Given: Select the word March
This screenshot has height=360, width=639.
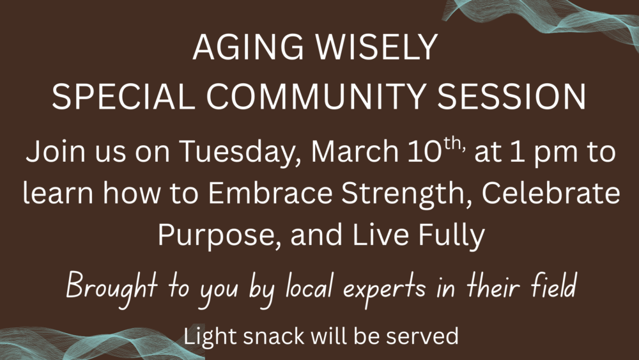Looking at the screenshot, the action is click(x=355, y=151).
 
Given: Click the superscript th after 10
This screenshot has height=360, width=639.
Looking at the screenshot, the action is click(x=453, y=143).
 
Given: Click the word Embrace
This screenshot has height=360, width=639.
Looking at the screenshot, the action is click(x=270, y=192).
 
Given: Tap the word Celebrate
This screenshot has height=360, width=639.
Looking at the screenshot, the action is click(x=551, y=192).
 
